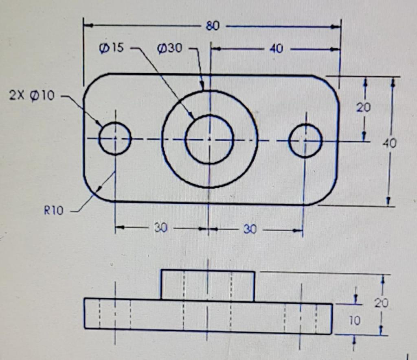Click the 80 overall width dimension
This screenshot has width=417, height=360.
213,26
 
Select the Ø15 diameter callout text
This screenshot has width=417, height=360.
110,48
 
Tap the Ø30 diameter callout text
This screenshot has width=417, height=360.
169,48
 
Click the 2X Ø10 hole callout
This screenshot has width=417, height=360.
31,96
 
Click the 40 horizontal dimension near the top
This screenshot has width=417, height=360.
276,49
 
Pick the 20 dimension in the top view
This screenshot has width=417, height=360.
363,108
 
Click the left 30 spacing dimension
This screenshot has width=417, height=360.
160,228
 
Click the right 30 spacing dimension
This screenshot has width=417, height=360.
250,229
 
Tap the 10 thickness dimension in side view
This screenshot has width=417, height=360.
354,321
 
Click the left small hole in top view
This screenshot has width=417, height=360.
115,139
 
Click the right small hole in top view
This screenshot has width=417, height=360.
305,141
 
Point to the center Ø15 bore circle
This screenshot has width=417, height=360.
209,140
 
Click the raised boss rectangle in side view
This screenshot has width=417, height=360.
208,286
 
